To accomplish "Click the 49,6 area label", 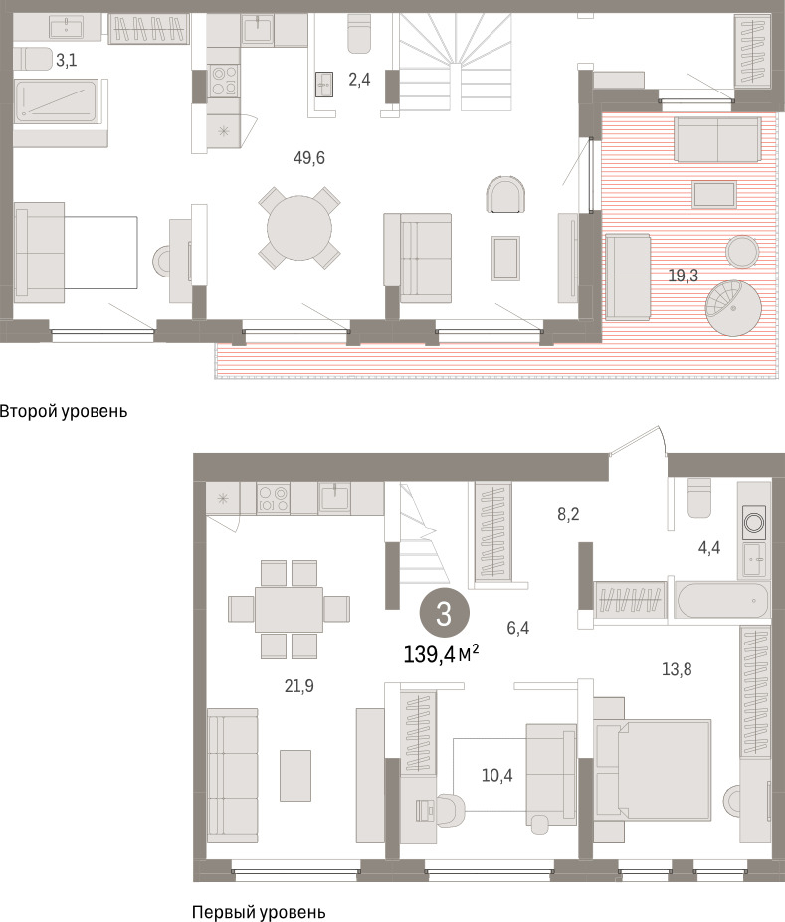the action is click(x=309, y=158).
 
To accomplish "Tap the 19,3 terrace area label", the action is click(x=684, y=276).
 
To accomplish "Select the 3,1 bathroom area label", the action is click(x=67, y=60).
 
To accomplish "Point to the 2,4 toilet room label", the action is click(x=359, y=79).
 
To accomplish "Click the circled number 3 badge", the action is click(x=444, y=614).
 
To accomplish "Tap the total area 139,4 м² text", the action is click(x=441, y=653).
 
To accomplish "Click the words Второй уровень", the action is click(x=64, y=411).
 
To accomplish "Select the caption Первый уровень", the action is click(x=259, y=912).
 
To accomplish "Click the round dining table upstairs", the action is click(x=299, y=228).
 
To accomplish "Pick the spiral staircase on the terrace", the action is click(x=734, y=308).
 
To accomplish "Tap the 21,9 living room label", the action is click(x=299, y=686).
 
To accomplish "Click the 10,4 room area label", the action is click(x=496, y=776).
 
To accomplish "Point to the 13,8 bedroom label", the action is click(x=677, y=669).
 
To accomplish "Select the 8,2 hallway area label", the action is click(x=568, y=514).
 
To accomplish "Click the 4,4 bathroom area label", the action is click(x=709, y=548).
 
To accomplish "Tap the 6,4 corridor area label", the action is click(x=518, y=628).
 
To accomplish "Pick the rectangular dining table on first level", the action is click(x=289, y=609).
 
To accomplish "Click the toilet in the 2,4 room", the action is click(x=359, y=34).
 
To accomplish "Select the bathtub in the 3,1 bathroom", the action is click(x=57, y=101).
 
